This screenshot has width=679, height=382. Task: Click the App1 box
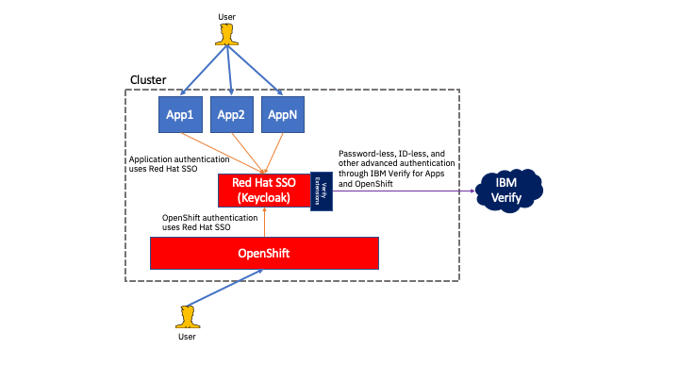[x=179, y=114]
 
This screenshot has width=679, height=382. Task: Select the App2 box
[x=231, y=114]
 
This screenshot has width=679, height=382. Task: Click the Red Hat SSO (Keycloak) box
[x=264, y=190]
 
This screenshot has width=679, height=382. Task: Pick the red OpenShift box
[x=264, y=254]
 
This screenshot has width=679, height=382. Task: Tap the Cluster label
[x=148, y=79]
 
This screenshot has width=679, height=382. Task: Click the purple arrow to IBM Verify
[x=406, y=191]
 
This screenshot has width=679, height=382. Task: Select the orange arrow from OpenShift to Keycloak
[x=265, y=223]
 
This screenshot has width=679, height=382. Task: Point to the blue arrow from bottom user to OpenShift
[x=226, y=288]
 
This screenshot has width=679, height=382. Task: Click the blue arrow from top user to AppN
[x=256, y=71]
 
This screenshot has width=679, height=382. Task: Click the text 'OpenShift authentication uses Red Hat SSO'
[x=210, y=223]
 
